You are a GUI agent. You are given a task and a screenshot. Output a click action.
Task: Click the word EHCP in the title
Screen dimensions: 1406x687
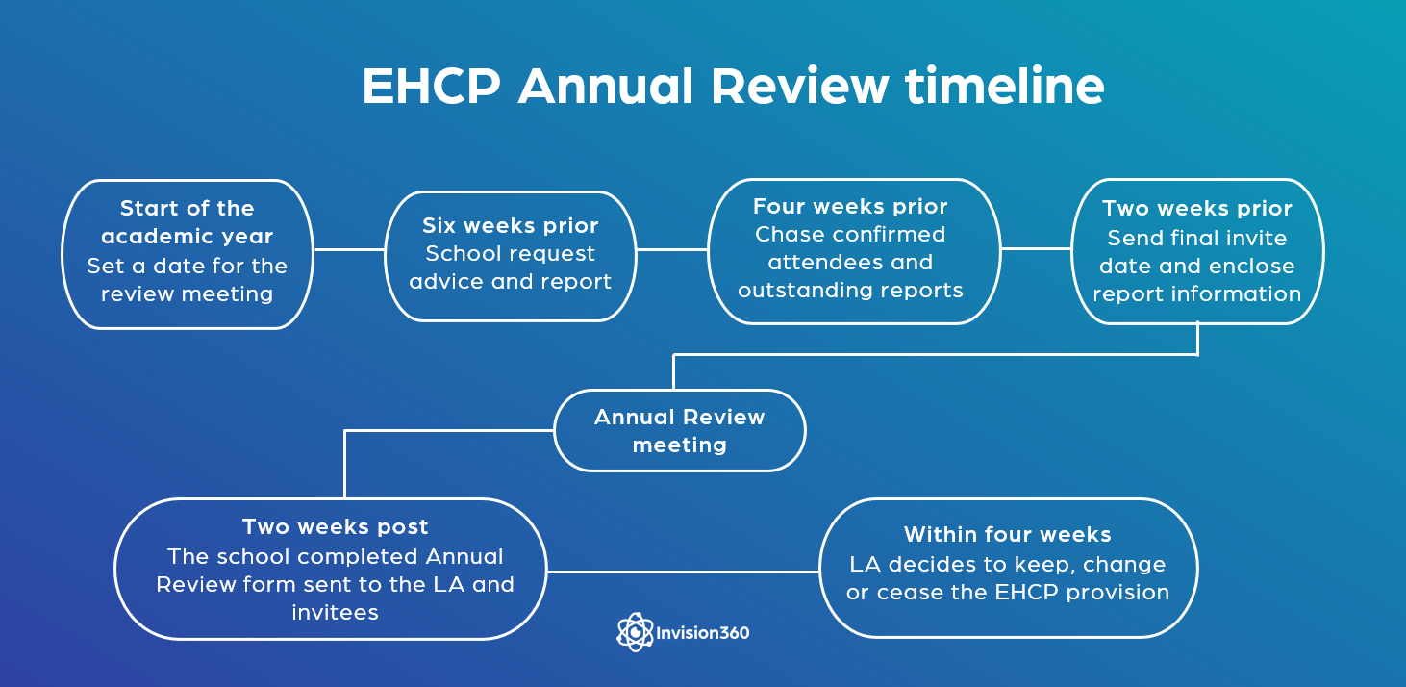click(431, 86)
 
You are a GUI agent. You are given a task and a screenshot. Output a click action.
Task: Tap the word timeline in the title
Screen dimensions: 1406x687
click(1004, 86)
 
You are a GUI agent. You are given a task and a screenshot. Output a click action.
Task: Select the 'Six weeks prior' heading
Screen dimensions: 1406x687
click(511, 225)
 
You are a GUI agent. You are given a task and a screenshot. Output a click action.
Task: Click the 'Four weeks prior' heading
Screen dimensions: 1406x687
click(850, 206)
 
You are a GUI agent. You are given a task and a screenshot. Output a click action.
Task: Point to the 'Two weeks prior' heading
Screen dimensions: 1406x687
click(1197, 208)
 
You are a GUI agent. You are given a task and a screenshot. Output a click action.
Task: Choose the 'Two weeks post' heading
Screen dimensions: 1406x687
click(336, 526)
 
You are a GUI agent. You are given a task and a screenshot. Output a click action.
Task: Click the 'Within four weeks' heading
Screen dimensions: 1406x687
click(1008, 534)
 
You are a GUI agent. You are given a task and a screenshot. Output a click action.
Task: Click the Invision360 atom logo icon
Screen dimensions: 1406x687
click(635, 632)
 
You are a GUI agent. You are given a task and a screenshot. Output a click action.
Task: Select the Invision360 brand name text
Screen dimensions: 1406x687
click(702, 633)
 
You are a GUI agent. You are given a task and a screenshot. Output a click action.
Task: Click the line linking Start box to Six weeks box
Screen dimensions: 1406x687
click(349, 249)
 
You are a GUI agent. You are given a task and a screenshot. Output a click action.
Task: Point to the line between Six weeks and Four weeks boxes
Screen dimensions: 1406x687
click(672, 249)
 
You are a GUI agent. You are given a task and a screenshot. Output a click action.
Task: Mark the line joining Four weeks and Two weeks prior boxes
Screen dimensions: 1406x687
click(1036, 248)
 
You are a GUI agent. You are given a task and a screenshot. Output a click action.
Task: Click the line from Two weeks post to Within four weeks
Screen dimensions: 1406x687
click(683, 572)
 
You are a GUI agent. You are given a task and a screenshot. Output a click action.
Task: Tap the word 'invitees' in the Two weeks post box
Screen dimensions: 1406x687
click(336, 612)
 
